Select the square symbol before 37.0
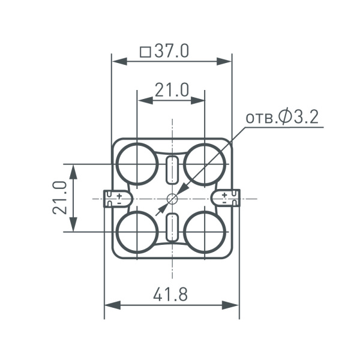pos(145,52)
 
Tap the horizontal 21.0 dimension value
pos(172,90)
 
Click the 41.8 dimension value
pos(170,295)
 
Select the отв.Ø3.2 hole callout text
pos(281,117)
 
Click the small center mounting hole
pos(172,198)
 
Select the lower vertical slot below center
pos(172,227)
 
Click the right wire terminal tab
pos(230,198)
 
